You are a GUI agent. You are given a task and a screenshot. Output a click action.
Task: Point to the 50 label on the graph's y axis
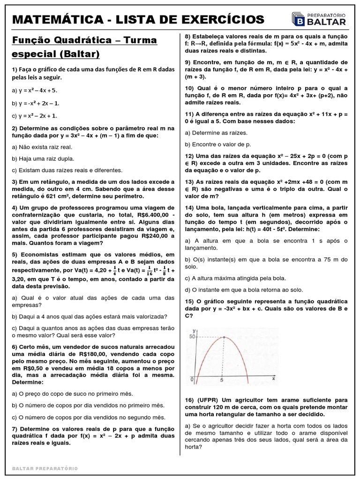191,337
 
